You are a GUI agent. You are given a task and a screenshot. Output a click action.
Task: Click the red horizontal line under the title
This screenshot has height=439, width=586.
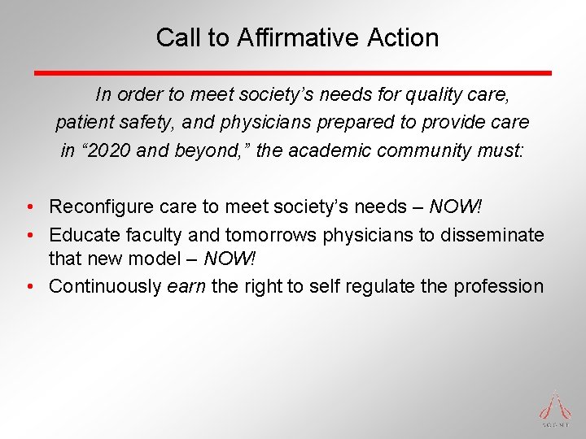tap(292, 73)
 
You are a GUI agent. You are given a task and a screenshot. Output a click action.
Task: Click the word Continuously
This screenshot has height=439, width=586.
tap(105, 286)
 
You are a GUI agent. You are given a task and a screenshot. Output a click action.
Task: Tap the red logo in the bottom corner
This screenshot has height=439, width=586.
tap(556, 407)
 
